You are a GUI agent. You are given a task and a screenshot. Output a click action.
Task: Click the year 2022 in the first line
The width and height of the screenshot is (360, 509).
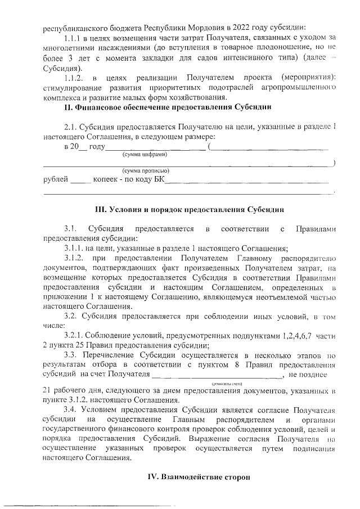237,27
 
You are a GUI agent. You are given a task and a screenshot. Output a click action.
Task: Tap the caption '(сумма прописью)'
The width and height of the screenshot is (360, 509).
146,170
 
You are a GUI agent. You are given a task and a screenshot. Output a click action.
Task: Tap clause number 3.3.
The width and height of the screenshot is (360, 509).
70,355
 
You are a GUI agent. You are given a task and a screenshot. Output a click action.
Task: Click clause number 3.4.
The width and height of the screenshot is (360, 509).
70,409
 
